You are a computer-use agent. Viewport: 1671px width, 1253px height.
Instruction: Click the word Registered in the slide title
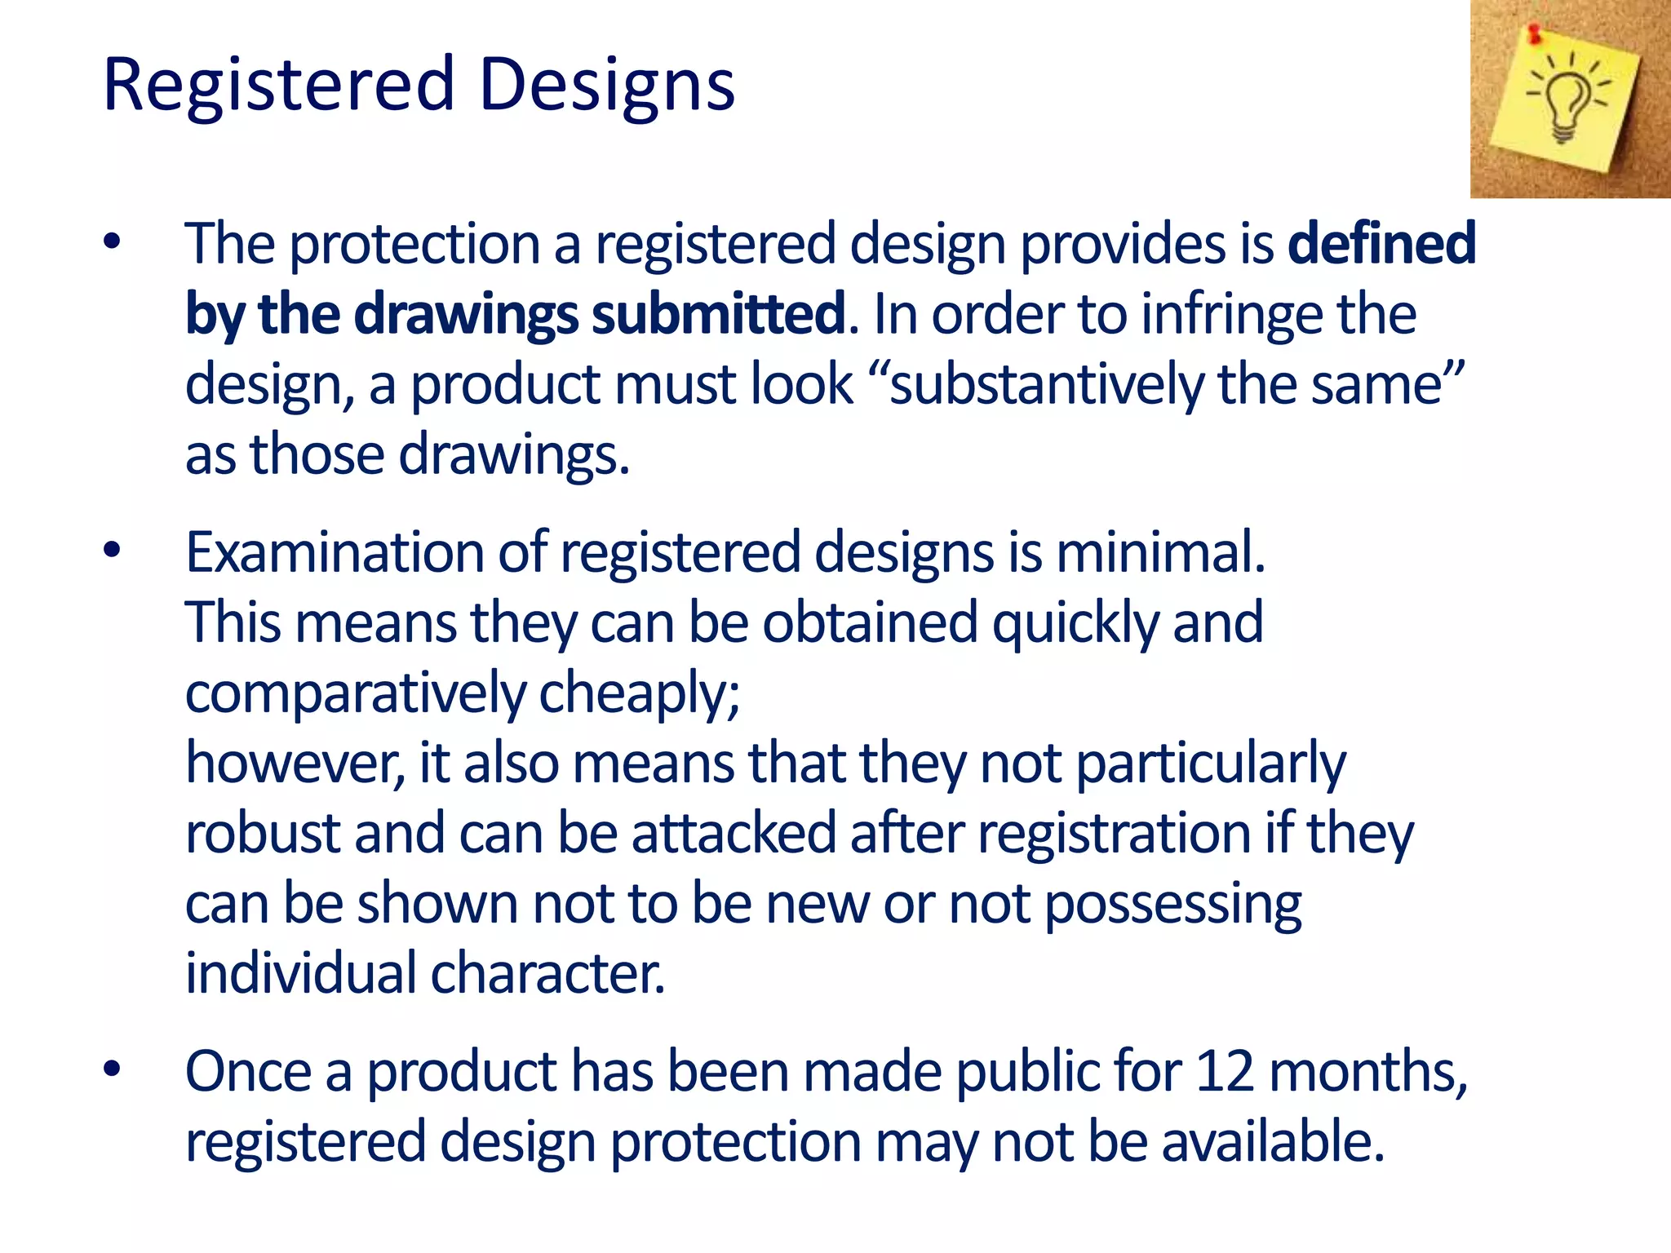pyautogui.click(x=278, y=85)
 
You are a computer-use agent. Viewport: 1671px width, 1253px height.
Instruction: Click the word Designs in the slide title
pyautogui.click(x=607, y=85)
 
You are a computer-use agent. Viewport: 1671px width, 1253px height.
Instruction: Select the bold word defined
pyautogui.click(x=1381, y=243)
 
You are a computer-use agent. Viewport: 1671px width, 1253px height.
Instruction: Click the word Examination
pyautogui.click(x=335, y=552)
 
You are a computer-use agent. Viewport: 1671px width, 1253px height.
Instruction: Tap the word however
pyautogui.click(x=295, y=764)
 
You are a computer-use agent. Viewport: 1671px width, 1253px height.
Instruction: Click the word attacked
pyautogui.click(x=734, y=834)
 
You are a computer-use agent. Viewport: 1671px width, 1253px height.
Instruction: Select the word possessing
pyautogui.click(x=1172, y=905)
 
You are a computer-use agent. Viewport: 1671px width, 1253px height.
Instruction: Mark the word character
pyautogui.click(x=547, y=974)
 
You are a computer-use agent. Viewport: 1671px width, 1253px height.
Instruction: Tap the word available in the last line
pyautogui.click(x=1273, y=1141)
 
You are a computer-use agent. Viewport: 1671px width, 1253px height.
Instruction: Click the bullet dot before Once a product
pyautogui.click(x=112, y=1069)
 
